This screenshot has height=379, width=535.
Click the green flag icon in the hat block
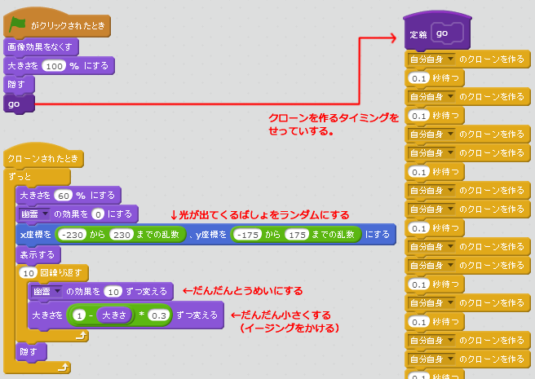tap(18, 24)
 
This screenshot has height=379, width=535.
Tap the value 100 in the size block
tap(53, 65)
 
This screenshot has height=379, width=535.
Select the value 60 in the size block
tap(64, 196)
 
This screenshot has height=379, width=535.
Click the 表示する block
tap(34, 254)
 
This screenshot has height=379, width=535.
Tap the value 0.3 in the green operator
tap(158, 314)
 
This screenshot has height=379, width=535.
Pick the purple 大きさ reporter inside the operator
tap(113, 314)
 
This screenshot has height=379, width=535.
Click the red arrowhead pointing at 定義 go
tap(400, 36)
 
